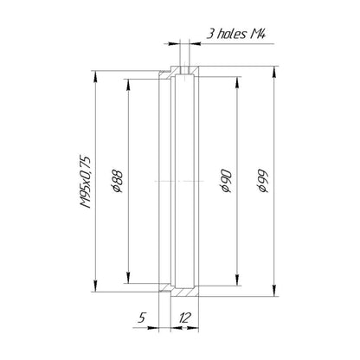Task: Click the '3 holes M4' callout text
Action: click(235, 34)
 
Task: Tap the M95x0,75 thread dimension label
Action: click(86, 182)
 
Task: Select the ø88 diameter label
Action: click(118, 182)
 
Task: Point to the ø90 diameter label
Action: click(225, 181)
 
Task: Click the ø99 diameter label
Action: click(263, 181)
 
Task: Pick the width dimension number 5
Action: click(141, 318)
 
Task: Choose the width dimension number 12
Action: click(184, 318)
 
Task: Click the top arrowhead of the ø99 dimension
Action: click(274, 73)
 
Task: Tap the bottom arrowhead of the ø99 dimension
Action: click(274, 290)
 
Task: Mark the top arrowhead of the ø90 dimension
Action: click(237, 83)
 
